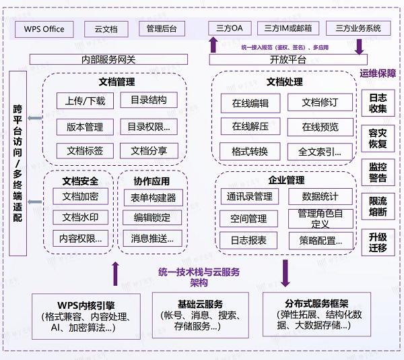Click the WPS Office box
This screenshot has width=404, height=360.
click(x=44, y=29)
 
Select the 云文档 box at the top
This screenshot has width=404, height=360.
click(x=106, y=29)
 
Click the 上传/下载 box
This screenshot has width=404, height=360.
click(x=85, y=101)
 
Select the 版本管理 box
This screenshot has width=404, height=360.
click(x=85, y=127)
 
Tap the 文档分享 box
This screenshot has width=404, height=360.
click(x=149, y=150)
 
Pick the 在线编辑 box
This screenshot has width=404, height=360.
click(x=250, y=103)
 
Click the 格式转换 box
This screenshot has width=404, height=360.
click(x=250, y=151)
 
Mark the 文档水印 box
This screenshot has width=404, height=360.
click(x=80, y=217)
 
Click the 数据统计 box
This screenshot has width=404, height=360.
click(x=320, y=197)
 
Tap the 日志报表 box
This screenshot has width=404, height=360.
click(x=248, y=240)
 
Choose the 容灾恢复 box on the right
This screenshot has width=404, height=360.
click(x=378, y=138)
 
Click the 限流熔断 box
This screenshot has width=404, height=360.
click(x=378, y=207)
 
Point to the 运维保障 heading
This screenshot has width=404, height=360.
click(x=378, y=73)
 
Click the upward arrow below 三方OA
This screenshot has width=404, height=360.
click(x=213, y=45)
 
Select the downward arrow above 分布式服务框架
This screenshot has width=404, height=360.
click(x=285, y=273)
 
